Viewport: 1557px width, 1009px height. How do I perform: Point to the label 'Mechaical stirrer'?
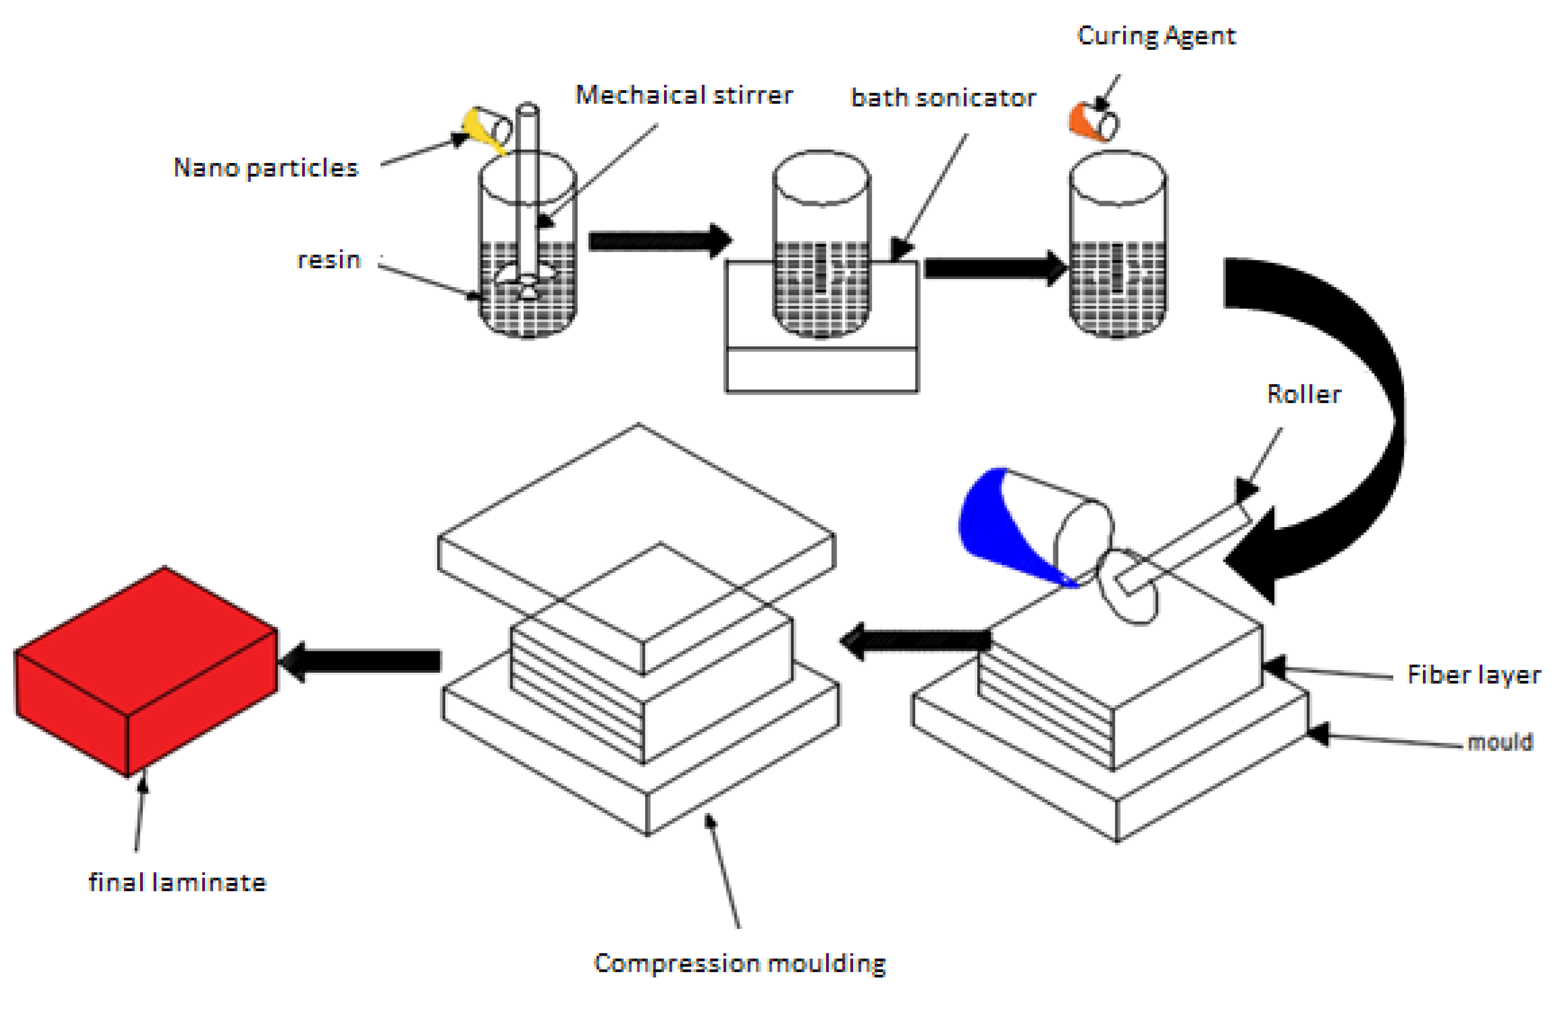pos(683,95)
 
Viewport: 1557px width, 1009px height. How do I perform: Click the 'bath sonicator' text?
pos(942,98)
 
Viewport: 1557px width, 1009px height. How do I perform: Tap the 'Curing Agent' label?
pos(1155,36)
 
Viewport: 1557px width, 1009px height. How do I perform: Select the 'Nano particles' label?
pos(265,168)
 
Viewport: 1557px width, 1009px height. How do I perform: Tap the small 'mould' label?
pos(1499,742)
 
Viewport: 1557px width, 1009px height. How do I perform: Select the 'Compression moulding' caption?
pos(739,963)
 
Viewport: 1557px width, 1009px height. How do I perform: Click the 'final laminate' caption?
pos(177,883)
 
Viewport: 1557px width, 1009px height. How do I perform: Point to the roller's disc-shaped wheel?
pos(1129,588)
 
